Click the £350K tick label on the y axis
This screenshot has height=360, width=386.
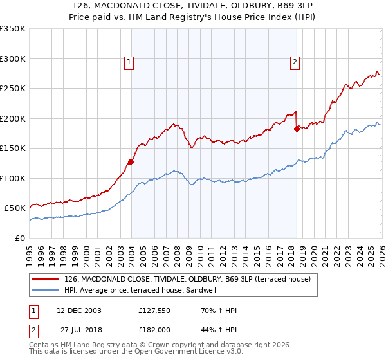point(13,29)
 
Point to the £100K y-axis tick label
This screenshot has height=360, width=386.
point(13,178)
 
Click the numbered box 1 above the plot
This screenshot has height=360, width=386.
point(129,62)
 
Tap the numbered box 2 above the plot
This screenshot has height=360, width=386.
point(295,62)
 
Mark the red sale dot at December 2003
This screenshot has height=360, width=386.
point(131,162)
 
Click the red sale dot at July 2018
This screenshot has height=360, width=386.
point(297,129)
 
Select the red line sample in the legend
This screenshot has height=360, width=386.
point(46,279)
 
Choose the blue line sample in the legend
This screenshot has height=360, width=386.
point(46,290)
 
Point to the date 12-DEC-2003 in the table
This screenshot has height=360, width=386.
point(75,310)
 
